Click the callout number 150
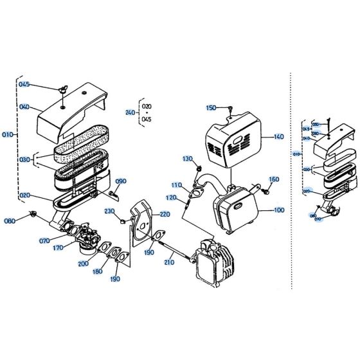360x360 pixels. click(x=211, y=108)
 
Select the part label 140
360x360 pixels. click(x=278, y=137)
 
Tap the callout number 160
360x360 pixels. click(x=273, y=179)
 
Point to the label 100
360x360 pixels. click(x=278, y=210)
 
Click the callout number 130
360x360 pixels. click(x=188, y=159)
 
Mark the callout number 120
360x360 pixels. click(x=172, y=197)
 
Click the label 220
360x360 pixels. click(x=165, y=214)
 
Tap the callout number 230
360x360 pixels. click(x=109, y=212)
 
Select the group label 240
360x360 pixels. click(x=130, y=112)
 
